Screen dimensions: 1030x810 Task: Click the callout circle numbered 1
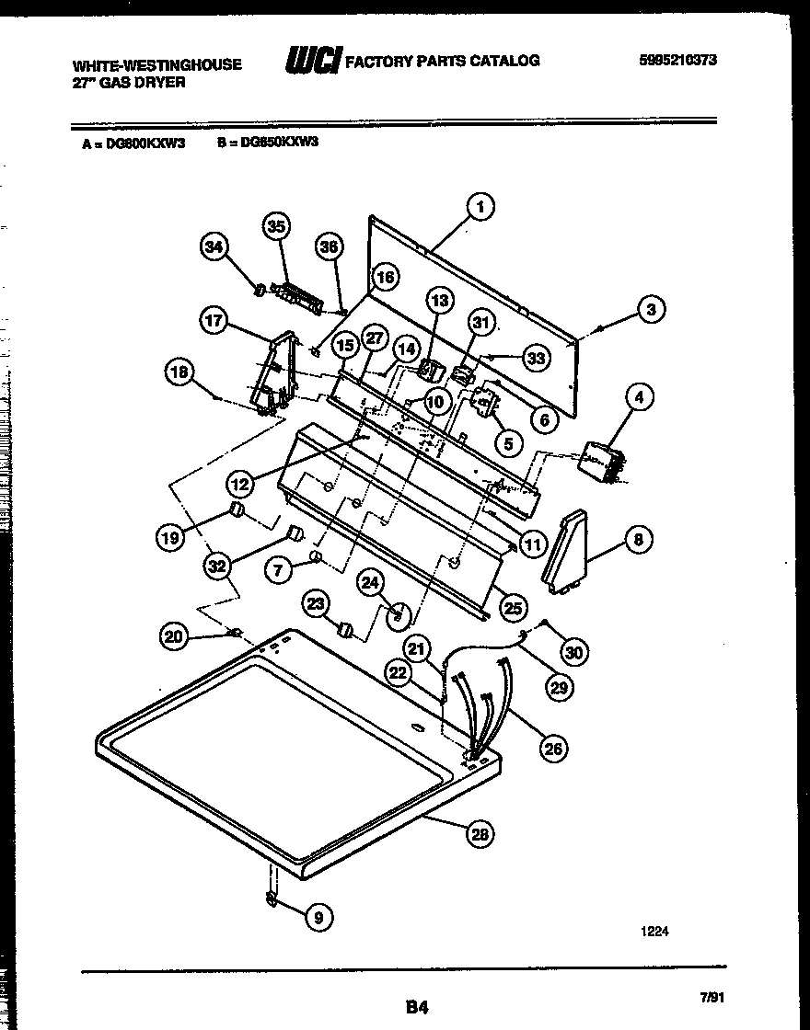[480, 207]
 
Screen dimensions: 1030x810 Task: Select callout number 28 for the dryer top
[480, 834]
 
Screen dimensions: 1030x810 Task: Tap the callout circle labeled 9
[318, 916]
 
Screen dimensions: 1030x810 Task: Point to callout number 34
[214, 246]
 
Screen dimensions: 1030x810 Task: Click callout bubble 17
[214, 320]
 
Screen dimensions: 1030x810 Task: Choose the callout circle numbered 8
[638, 540]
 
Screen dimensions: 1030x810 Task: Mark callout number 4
[638, 397]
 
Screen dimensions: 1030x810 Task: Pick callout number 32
[216, 566]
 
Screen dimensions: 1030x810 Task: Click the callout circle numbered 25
[513, 607]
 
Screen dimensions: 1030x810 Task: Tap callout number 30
[573, 652]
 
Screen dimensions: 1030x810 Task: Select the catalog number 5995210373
[677, 61]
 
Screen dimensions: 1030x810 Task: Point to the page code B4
[417, 1006]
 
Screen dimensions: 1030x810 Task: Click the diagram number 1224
[654, 931]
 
